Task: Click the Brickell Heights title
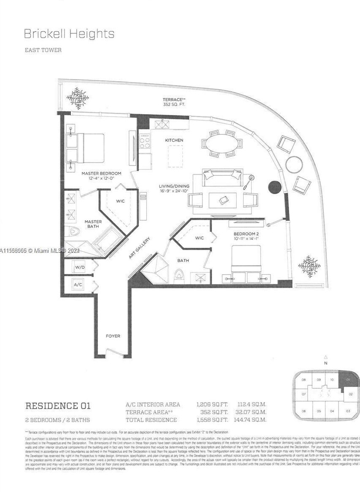pos(69,34)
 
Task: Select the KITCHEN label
pos(174,140)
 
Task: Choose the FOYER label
pos(113,336)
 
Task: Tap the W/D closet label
pos(80,267)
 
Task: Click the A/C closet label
pos(78,285)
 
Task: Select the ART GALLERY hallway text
pos(140,248)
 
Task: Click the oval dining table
pos(222,144)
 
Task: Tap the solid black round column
pos(275,187)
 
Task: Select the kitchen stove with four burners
pos(145,142)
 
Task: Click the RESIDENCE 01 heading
pos(58,406)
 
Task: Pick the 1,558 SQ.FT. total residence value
pos(212,420)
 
